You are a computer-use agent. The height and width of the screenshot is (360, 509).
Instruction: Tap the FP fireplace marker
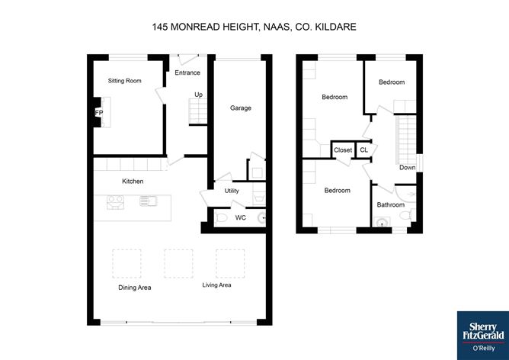pyautogui.click(x=99, y=112)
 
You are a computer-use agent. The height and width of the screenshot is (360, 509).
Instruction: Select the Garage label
pyautogui.click(x=241, y=108)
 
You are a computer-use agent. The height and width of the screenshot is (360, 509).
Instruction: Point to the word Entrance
pyautogui.click(x=187, y=73)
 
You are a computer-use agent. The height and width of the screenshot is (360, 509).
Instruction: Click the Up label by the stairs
pyautogui.click(x=198, y=95)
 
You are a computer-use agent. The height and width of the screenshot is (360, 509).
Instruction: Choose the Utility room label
pyautogui.click(x=232, y=190)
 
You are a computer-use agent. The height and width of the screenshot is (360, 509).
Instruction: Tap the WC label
pyautogui.click(x=240, y=218)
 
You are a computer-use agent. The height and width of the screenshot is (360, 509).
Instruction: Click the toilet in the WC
pyautogui.click(x=222, y=219)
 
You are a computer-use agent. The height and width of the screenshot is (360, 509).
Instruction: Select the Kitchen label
pyautogui.click(x=133, y=181)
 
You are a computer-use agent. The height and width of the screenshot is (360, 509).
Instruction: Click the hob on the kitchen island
pyautogui.click(x=117, y=202)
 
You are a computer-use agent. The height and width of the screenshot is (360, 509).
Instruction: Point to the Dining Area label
pyautogui.click(x=134, y=288)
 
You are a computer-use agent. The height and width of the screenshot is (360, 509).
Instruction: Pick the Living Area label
pyautogui.click(x=216, y=285)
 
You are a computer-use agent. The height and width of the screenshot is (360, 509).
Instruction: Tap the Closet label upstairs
pyautogui.click(x=343, y=150)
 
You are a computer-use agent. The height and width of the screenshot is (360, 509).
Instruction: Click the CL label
pyautogui.click(x=363, y=150)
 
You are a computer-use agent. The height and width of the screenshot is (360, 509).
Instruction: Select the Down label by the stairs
pyautogui.click(x=408, y=168)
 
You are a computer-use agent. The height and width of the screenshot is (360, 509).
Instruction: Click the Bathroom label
pyautogui.click(x=391, y=204)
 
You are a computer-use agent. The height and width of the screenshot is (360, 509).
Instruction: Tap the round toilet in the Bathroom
pyautogui.click(x=382, y=223)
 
